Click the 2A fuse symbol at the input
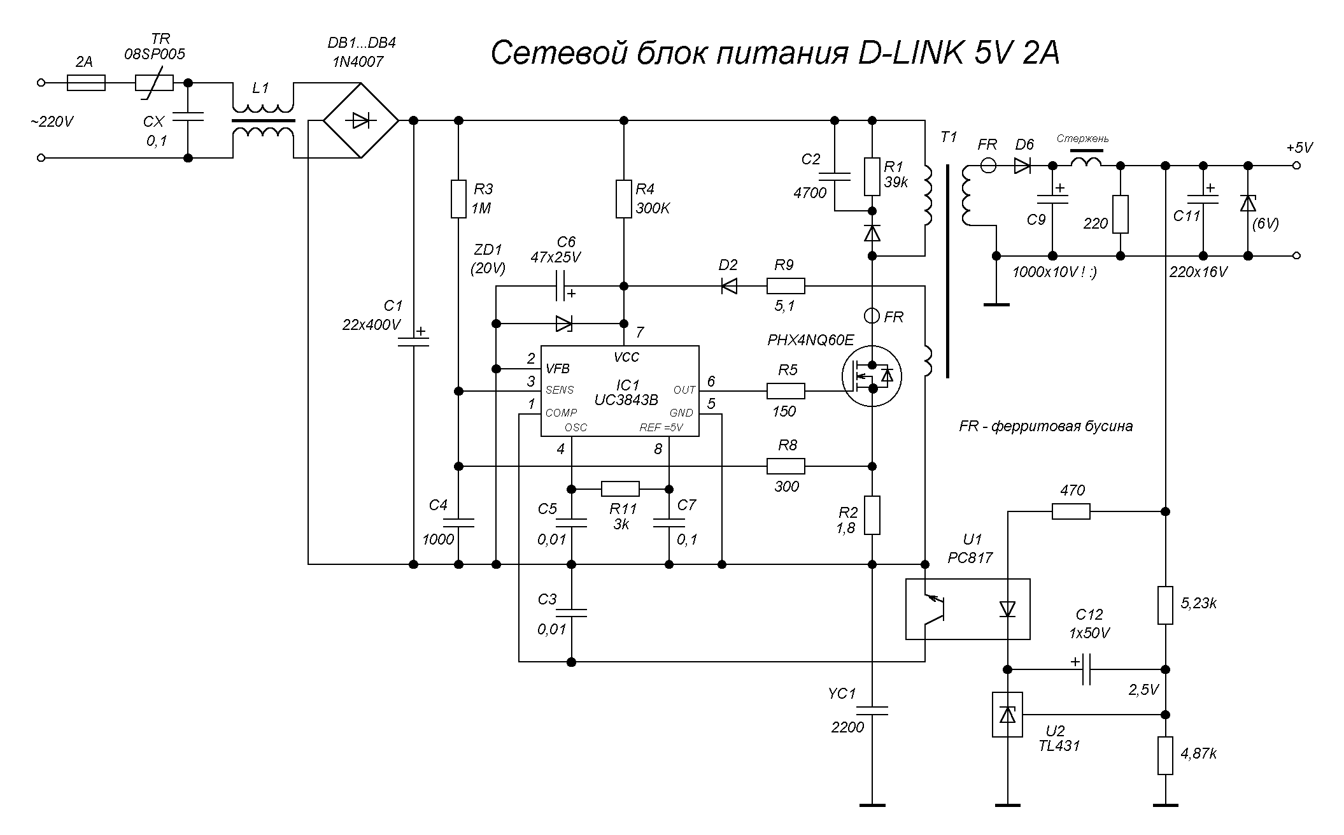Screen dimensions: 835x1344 tap(86, 83)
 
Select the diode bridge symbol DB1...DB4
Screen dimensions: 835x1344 tap(360, 120)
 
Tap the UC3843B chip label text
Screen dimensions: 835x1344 tap(627, 399)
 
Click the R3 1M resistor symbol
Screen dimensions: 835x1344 tap(458, 199)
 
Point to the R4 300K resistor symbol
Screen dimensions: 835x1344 tap(624, 199)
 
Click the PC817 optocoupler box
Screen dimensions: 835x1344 tap(967, 608)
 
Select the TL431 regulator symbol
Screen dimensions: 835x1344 tap(1007, 715)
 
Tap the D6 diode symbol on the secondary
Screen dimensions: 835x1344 tap(1023, 166)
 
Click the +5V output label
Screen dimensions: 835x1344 tap(1299, 148)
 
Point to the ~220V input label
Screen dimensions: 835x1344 tap(52, 121)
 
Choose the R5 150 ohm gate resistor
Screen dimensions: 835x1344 tap(786, 390)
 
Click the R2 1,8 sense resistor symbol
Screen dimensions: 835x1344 tap(872, 515)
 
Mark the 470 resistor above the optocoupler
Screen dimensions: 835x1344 tap(1071, 511)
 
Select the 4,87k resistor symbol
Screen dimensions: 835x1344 tap(1165, 755)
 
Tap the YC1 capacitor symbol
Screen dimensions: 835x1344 tap(872, 710)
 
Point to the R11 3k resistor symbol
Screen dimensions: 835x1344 tap(620, 489)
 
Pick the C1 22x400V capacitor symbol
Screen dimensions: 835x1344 tap(413, 342)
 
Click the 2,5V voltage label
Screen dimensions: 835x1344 tap(1143, 690)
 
